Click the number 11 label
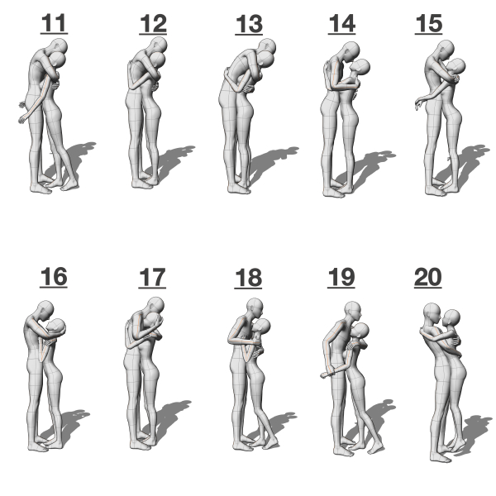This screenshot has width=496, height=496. [54, 23]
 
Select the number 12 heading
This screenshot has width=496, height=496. [153, 24]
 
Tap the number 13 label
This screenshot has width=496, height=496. [249, 24]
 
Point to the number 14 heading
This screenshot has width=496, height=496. [342, 24]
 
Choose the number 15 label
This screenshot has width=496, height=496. [428, 24]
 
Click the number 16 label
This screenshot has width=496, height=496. [54, 278]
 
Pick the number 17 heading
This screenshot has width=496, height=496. [152, 278]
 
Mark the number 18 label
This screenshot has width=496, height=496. [248, 278]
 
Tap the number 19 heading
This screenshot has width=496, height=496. [341, 278]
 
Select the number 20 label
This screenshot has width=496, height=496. [428, 278]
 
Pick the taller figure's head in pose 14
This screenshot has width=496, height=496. [351, 51]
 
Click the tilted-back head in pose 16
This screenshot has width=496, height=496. [56, 327]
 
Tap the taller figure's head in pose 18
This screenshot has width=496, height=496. [255, 308]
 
